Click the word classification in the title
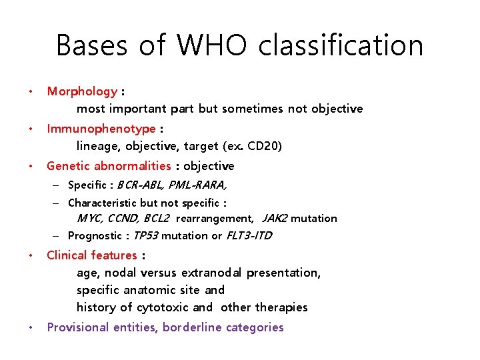341,45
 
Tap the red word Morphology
82,91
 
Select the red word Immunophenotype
101,129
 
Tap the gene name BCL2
156,219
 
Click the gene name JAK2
275,219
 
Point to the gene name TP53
146,235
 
